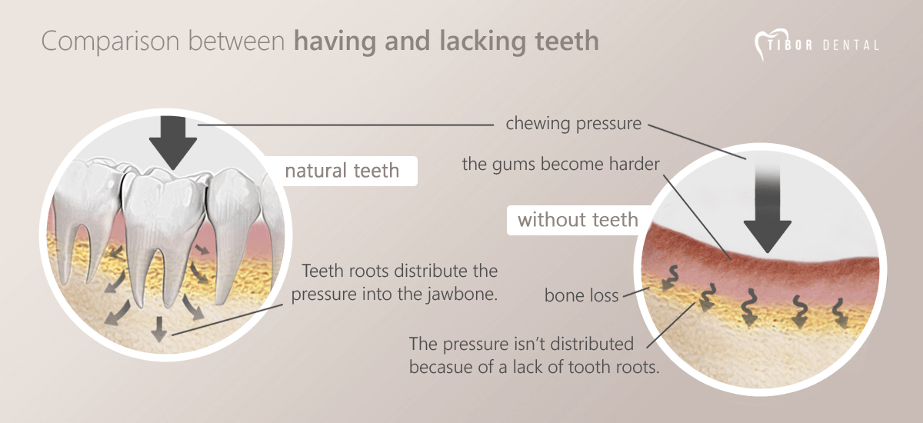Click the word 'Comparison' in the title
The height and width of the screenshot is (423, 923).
111,42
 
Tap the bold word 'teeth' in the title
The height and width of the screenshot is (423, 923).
567,41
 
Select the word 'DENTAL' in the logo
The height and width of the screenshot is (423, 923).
851,45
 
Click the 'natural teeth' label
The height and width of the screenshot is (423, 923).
342,171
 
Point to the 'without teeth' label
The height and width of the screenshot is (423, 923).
578,220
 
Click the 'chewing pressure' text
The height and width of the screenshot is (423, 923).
574,124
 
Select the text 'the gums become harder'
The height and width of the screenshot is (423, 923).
561,164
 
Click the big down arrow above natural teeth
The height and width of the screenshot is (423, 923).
173,142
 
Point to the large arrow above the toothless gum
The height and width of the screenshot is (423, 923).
768,206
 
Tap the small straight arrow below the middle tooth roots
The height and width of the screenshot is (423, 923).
158,329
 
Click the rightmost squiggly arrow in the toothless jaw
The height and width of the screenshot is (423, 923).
839,313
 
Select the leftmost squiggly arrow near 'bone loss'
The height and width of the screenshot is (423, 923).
671,278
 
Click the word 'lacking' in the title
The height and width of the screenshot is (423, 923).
483,42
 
